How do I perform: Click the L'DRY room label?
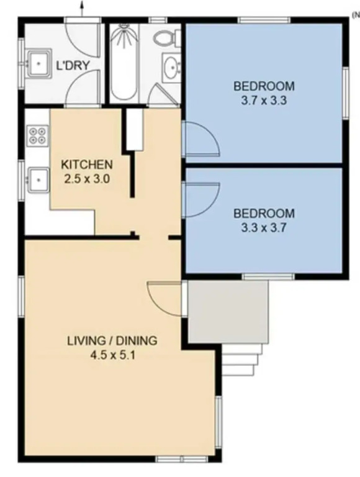[73, 65]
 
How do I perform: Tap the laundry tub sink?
[38, 63]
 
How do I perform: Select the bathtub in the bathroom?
[123, 61]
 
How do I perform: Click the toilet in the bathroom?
[166, 38]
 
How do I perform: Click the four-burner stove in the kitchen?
[37, 135]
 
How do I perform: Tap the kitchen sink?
[38, 179]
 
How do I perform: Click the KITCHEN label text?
[87, 165]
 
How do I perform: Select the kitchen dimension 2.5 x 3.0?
[87, 179]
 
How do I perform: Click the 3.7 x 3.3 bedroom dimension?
[264, 100]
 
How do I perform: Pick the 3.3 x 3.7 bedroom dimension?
[264, 227]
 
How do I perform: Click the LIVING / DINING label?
[112, 340]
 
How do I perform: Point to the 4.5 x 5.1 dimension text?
[112, 355]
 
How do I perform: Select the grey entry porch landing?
[228, 312]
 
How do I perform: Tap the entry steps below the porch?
[240, 360]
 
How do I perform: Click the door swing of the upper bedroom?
[202, 139]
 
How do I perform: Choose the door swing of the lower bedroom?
[202, 200]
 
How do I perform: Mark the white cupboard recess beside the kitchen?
[135, 129]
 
